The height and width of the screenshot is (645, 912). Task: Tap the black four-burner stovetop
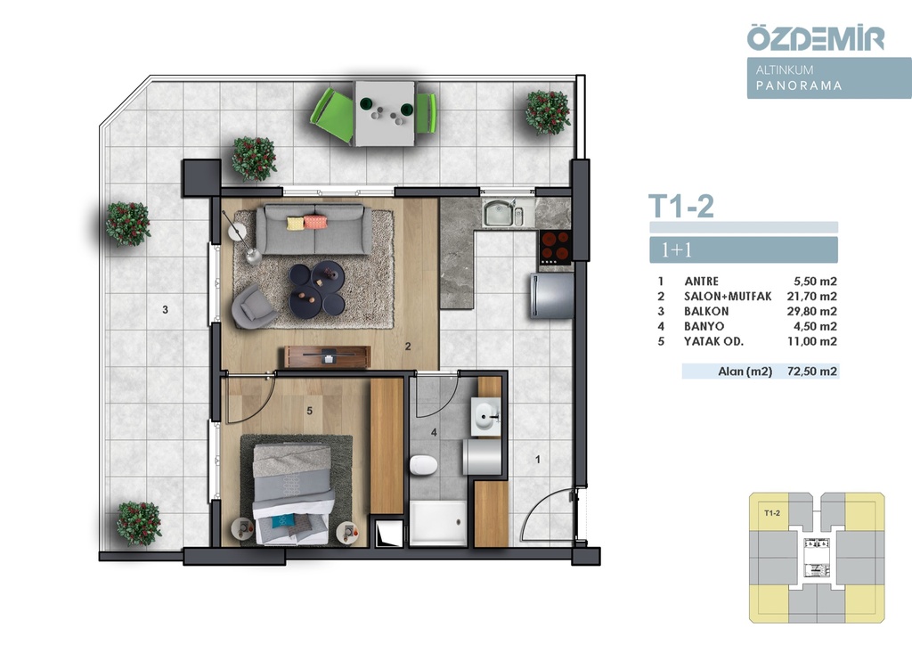point(554,247)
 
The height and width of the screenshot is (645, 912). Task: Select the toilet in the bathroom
point(423,466)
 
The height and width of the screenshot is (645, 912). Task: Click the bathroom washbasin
point(486,416)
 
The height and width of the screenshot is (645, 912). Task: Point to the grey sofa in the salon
point(314,229)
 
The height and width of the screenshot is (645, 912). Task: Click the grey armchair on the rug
point(253,306)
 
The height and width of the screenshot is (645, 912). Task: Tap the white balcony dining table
point(385,113)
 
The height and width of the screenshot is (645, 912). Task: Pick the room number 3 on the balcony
point(165,310)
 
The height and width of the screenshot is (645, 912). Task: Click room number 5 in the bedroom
point(309,412)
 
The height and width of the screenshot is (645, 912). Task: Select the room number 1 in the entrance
point(538,460)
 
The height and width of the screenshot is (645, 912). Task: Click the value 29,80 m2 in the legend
point(812,311)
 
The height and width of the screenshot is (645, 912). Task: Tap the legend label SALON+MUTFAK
point(728,296)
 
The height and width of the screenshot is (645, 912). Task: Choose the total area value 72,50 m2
point(812,371)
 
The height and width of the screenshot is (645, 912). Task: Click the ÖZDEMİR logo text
point(816,37)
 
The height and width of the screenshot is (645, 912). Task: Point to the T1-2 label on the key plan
point(772,513)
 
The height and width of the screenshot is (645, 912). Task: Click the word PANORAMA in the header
point(799,86)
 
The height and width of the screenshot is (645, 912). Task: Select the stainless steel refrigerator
point(551,296)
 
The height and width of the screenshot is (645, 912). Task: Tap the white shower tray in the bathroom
point(438,523)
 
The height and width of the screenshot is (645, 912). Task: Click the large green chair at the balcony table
point(332,114)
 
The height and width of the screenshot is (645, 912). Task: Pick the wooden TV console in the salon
point(327,356)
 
